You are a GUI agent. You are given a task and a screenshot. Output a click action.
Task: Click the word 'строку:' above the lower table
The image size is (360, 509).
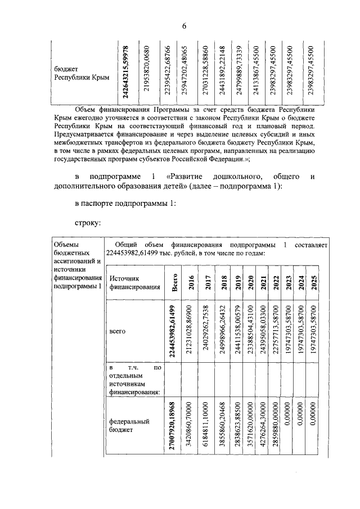[88, 223]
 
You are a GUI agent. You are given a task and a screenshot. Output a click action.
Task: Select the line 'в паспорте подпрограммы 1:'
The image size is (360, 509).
[125, 204]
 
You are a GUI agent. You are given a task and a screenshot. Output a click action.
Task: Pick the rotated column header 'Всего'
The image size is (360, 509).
[175, 283]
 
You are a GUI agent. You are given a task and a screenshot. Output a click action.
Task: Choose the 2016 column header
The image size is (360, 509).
[192, 283]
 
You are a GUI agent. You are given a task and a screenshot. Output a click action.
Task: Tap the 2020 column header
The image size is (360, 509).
[251, 283]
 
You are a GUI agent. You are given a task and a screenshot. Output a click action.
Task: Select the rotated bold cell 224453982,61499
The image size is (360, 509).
[175, 332]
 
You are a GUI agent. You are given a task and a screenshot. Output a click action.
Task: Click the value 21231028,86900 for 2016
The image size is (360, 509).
[192, 332]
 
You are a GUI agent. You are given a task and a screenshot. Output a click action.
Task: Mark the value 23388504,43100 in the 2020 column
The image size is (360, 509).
[251, 332]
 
